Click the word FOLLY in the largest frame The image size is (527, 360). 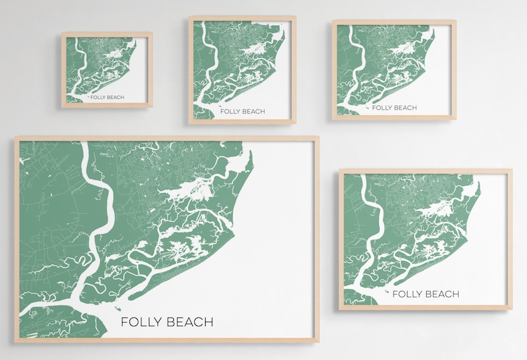[140, 322]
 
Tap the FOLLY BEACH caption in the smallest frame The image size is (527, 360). [108, 97]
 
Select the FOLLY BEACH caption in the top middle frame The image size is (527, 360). [242, 112]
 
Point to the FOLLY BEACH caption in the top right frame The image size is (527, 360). [394, 108]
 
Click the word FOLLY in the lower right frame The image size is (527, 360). [407, 294]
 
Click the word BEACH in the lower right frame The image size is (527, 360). [441, 294]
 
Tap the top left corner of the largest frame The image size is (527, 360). [16, 138]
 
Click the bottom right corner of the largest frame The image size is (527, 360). [318, 341]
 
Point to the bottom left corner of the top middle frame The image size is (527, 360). [190, 123]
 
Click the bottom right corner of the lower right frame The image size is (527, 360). [511, 309]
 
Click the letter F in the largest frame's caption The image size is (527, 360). [124, 322]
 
